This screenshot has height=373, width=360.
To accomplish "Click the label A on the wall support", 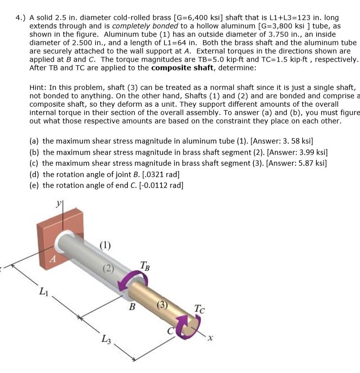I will click(56, 258).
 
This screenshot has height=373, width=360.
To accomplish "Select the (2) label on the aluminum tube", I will click(109, 268).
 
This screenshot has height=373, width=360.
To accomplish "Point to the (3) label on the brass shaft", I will click(162, 304).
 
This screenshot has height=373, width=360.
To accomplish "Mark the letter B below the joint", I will click(132, 308).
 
